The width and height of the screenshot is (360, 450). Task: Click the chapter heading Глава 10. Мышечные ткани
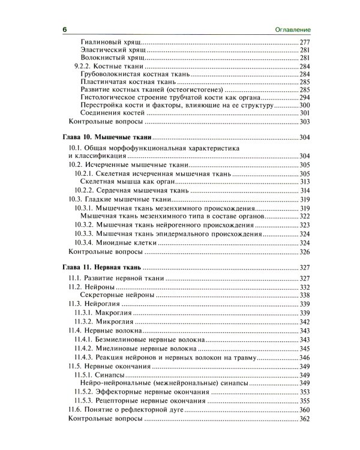click(107, 137)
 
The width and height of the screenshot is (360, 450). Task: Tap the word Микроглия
click(113, 322)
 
